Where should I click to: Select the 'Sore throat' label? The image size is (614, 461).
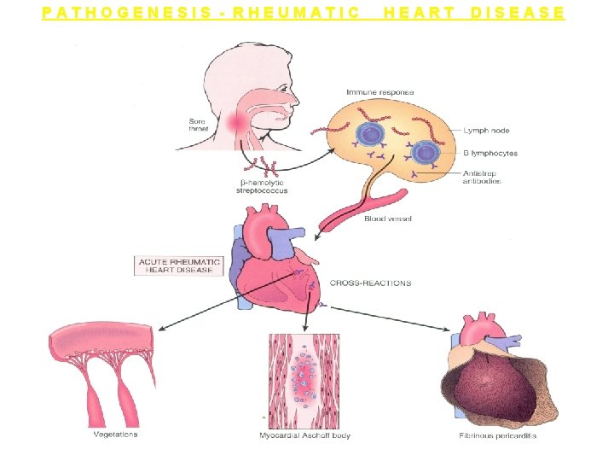click(196, 125)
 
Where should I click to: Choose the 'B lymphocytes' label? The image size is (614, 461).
click(489, 154)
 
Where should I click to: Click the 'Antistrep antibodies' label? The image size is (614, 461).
click(482, 177)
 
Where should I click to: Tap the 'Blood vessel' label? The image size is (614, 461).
click(388, 219)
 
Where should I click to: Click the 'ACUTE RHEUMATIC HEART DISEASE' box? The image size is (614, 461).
click(177, 266)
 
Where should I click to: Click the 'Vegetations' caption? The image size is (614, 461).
click(115, 435)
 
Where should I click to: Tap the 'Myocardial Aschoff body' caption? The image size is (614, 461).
click(304, 436)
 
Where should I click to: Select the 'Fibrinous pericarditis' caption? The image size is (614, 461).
click(497, 436)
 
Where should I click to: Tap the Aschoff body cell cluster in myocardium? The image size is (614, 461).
click(304, 376)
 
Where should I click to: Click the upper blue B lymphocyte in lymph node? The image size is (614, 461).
click(370, 134)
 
